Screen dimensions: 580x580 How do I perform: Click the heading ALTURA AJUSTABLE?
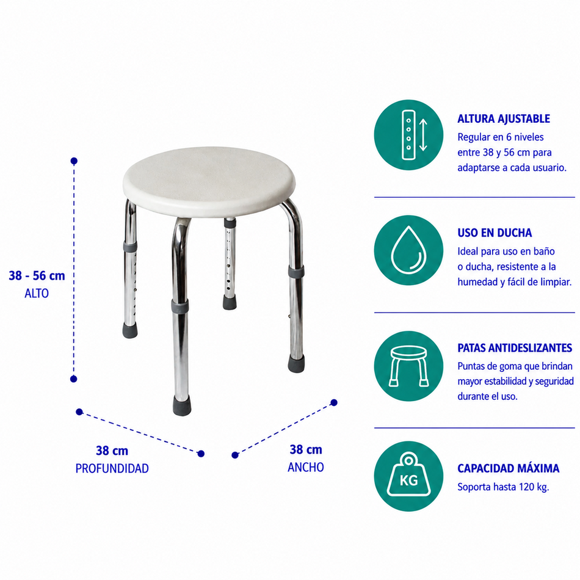(x=504, y=118)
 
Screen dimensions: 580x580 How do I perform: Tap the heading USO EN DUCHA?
(x=495, y=233)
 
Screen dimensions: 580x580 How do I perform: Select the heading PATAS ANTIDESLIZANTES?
(x=515, y=348)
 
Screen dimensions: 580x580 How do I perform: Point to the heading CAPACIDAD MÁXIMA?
(x=508, y=468)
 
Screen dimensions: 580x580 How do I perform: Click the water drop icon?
(x=408, y=250)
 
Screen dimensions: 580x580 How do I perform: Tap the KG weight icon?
(x=408, y=474)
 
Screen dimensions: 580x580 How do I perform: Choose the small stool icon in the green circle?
(x=408, y=366)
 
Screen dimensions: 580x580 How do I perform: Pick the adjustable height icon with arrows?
(x=414, y=135)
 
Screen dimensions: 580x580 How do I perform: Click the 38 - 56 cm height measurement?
(x=37, y=275)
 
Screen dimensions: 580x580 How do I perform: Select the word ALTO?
(x=37, y=293)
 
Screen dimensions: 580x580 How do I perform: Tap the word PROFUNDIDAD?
(x=112, y=468)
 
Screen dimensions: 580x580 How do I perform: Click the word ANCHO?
(x=305, y=467)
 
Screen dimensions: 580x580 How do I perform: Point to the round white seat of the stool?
(x=209, y=182)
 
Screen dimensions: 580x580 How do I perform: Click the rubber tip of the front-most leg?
(x=182, y=405)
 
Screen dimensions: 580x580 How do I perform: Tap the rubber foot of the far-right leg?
(x=297, y=363)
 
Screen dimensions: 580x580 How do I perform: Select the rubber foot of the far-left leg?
(x=130, y=330)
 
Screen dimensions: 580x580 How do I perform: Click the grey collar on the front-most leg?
(x=180, y=306)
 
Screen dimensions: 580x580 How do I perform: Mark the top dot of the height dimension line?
(x=74, y=161)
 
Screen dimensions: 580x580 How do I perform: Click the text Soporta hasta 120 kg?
(x=503, y=487)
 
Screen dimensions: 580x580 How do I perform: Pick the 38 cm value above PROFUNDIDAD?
(x=112, y=451)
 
